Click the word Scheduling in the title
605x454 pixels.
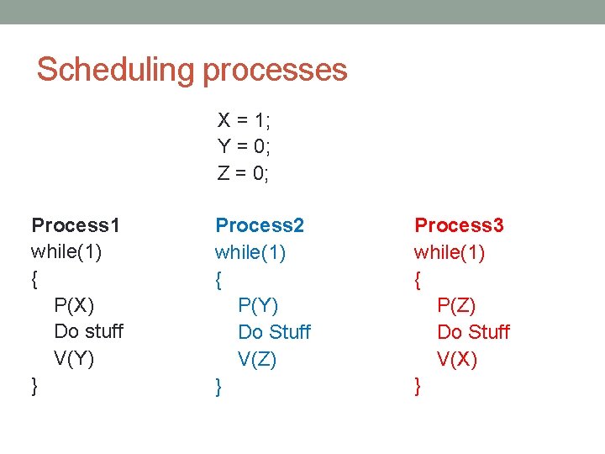(115, 70)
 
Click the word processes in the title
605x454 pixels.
(273, 70)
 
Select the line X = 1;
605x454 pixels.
(244, 119)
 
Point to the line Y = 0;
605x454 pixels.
(244, 146)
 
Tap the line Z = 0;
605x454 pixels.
(244, 173)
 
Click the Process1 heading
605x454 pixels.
(76, 224)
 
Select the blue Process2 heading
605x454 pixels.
(260, 224)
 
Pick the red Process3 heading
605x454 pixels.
(459, 224)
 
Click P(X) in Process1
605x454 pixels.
(74, 304)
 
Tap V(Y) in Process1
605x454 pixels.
(74, 359)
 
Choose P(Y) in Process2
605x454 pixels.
(258, 305)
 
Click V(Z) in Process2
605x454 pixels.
(258, 360)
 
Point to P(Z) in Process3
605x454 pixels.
(457, 305)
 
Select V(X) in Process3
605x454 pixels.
(457, 360)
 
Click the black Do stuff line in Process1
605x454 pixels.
(88, 331)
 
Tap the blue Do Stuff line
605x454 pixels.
(274, 332)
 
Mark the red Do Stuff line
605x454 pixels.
(473, 332)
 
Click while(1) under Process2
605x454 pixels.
(250, 252)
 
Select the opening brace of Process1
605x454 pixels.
(34, 278)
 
